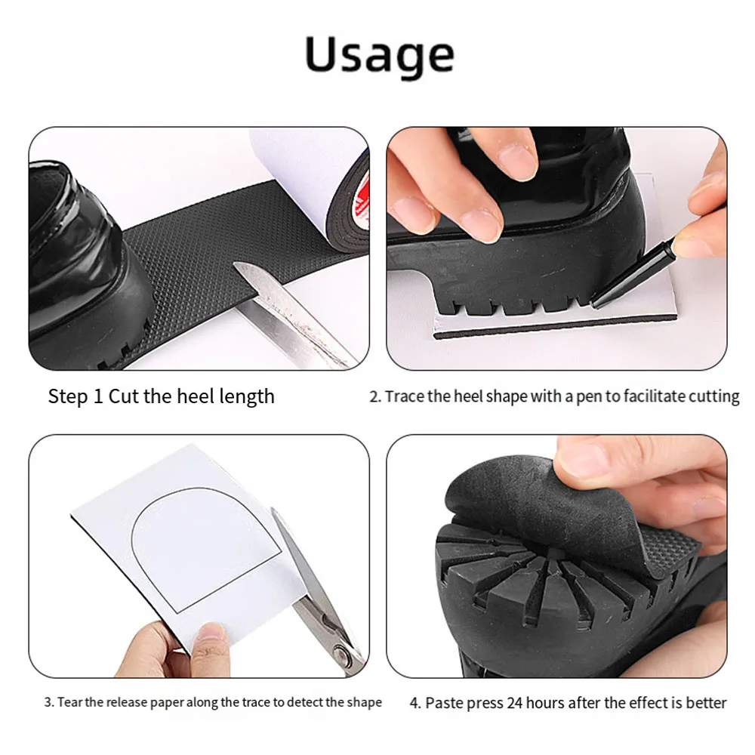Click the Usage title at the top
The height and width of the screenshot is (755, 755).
379,54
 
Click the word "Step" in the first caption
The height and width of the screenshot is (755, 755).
69,396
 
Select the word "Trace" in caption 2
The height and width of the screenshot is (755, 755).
405,396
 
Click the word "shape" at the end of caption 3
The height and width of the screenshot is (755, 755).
365,702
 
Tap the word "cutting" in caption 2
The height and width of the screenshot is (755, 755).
713,396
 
